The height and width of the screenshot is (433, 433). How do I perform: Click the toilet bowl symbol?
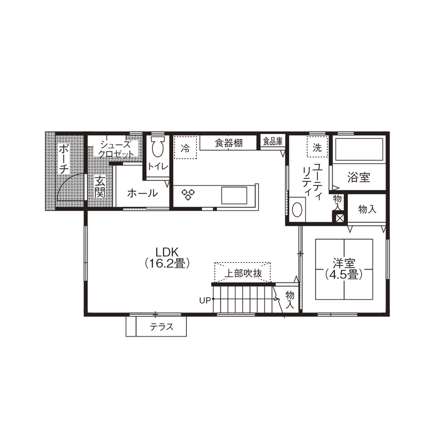157,147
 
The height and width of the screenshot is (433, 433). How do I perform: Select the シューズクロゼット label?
117,149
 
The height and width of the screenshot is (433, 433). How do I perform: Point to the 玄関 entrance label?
100,187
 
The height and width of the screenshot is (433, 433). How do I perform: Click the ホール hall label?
142,193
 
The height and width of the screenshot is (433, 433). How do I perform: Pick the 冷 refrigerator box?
185,147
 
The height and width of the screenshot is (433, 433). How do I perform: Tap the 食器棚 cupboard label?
229,143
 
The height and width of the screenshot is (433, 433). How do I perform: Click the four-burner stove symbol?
188,194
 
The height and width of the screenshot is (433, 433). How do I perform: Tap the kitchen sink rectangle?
235,196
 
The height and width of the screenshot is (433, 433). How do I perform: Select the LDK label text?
167,252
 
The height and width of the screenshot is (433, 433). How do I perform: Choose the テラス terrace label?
161,326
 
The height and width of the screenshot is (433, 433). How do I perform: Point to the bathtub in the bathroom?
359,150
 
